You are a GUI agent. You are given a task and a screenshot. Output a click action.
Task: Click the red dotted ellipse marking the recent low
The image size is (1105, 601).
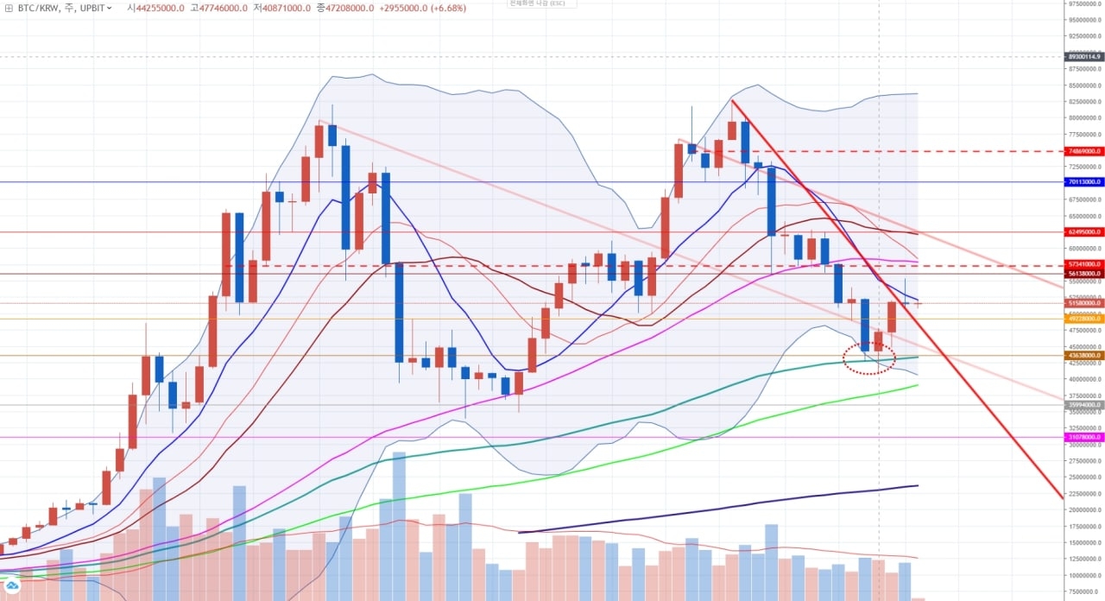point(869,357)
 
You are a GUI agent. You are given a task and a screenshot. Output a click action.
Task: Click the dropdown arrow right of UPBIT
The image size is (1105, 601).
point(109,7)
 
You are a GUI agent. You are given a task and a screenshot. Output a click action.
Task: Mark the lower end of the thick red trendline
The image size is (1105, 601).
point(1061,497)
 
